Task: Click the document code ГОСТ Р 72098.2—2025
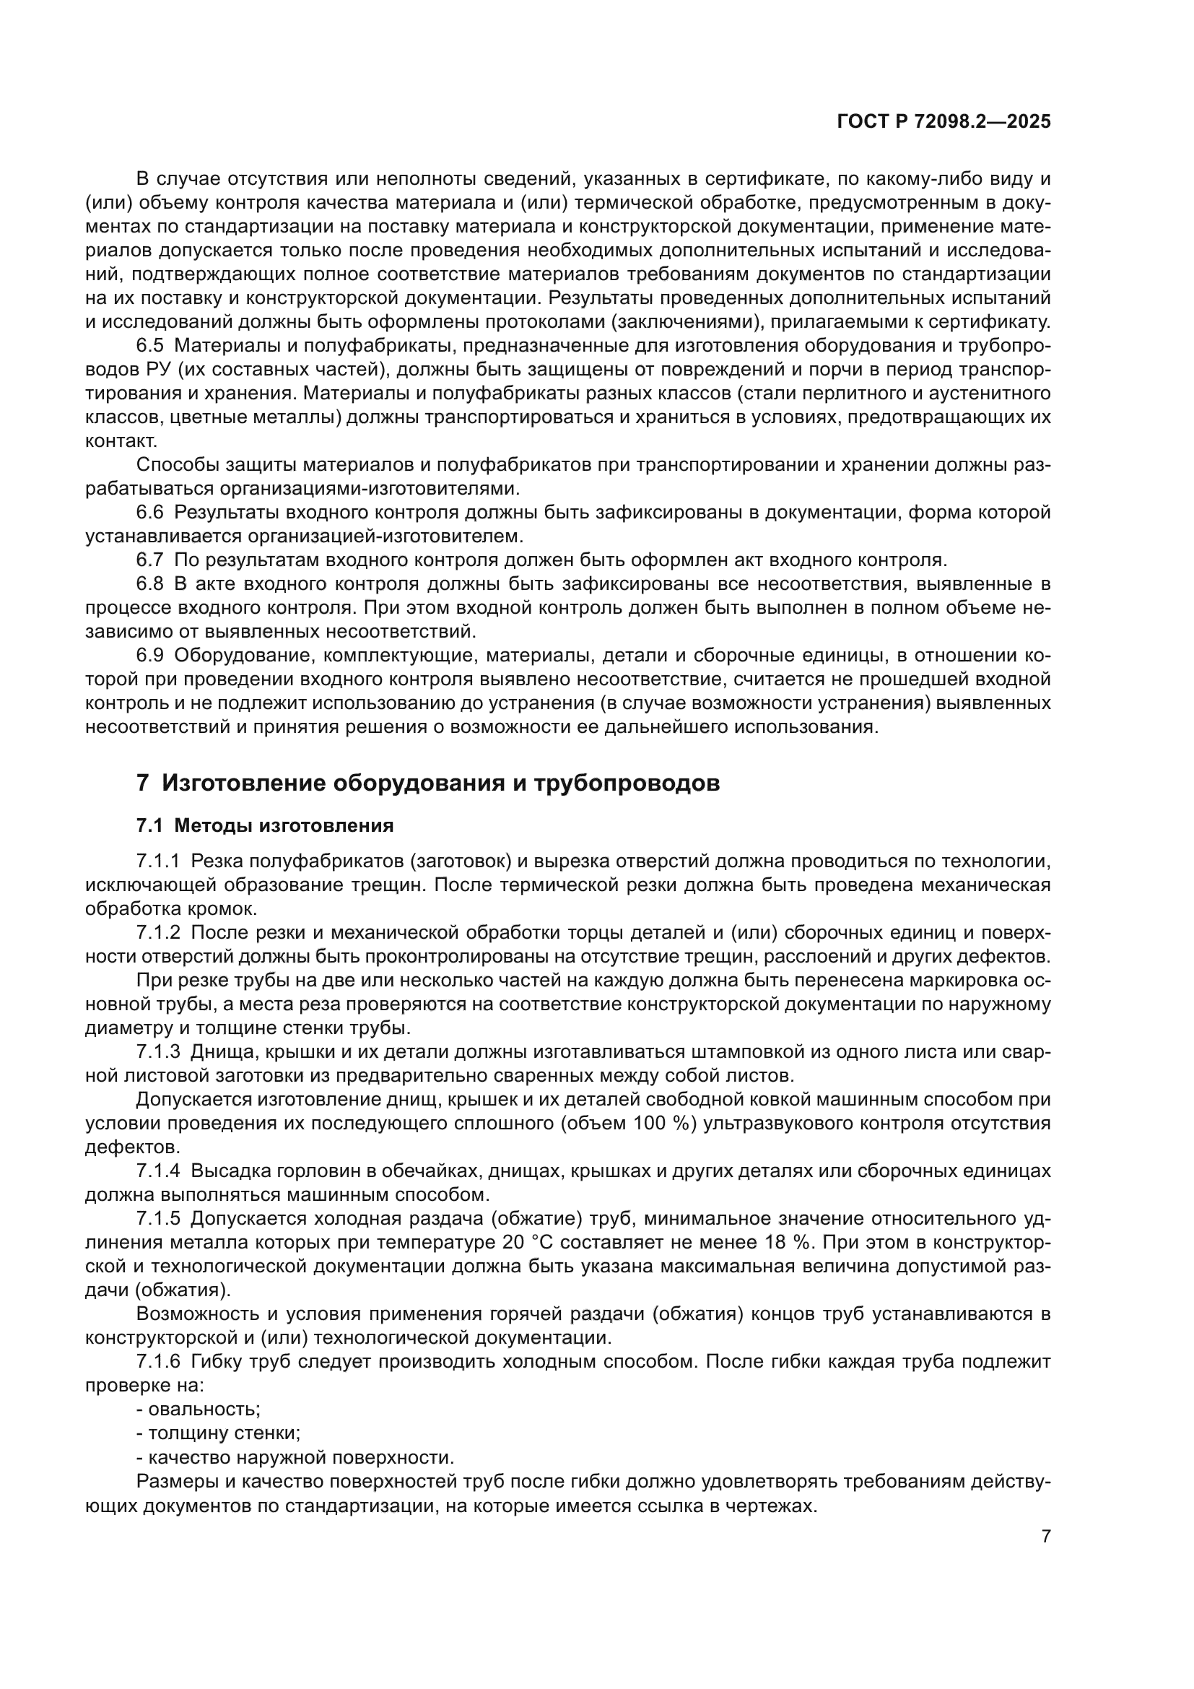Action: [x=944, y=122]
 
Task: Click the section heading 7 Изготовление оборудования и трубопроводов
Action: [x=428, y=783]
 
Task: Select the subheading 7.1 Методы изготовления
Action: [x=265, y=826]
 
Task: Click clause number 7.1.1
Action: [x=159, y=861]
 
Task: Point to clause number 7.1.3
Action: [x=159, y=1052]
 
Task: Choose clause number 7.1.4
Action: [x=159, y=1171]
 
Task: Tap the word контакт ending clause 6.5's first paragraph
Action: [x=121, y=441]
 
